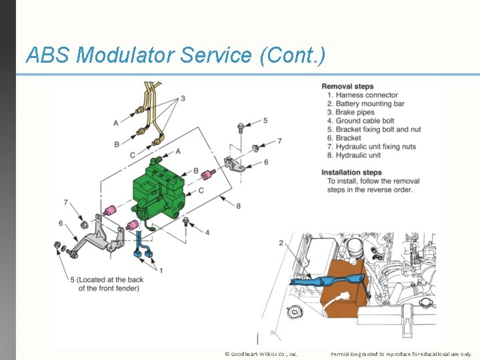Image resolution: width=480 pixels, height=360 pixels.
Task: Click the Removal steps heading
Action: (x=347, y=87)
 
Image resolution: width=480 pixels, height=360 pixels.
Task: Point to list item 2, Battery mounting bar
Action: (x=370, y=104)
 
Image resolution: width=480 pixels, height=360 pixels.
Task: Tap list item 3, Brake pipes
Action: (x=355, y=113)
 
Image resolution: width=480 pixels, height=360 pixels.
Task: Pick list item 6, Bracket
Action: (x=349, y=139)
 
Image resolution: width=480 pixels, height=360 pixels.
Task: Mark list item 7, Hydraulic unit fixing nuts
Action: (x=375, y=147)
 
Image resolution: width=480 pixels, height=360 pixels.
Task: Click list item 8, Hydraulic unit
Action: (x=358, y=155)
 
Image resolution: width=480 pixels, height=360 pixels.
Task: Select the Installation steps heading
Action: (x=352, y=173)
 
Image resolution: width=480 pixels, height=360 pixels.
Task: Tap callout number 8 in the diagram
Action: (x=238, y=207)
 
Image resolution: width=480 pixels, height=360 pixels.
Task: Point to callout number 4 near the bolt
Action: (x=207, y=232)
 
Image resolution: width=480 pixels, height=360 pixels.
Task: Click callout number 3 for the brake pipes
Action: (x=182, y=99)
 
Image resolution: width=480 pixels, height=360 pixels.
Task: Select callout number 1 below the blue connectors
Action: (x=160, y=271)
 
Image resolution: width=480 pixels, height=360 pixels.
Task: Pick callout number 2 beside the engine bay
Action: (x=281, y=243)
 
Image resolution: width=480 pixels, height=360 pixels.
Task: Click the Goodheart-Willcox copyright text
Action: (x=261, y=353)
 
